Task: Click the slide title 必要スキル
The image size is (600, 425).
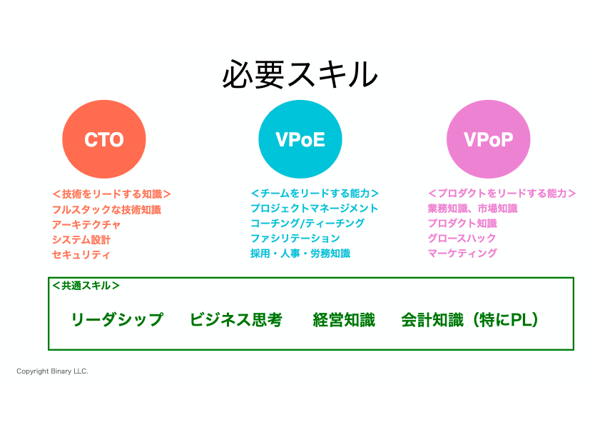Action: tap(300, 74)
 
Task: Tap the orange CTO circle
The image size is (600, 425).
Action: tap(104, 139)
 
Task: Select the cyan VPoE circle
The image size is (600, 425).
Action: tap(300, 139)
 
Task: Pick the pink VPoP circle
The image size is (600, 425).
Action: tap(489, 139)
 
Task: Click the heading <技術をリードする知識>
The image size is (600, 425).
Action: tap(111, 194)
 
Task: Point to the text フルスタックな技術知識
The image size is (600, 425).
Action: tap(107, 209)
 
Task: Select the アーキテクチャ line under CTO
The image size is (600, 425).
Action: tap(86, 224)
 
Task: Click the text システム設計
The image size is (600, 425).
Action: tap(81, 240)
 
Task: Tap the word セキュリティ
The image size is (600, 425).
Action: tap(81, 255)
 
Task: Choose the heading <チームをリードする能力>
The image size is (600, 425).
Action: tap(315, 193)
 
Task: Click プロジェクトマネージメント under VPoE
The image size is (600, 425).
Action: tap(314, 208)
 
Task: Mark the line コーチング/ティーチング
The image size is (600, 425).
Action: tap(307, 223)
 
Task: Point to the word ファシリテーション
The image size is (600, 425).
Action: tap(295, 239)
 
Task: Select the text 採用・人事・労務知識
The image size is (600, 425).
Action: tap(300, 254)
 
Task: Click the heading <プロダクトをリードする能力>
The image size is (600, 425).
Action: tap(502, 193)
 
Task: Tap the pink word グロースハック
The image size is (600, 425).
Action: tap(462, 239)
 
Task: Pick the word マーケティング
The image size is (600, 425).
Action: tap(462, 254)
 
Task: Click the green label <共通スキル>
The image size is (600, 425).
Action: tap(86, 286)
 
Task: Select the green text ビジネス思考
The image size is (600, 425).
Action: tap(236, 319)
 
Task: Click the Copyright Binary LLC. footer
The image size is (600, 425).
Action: tap(52, 371)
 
